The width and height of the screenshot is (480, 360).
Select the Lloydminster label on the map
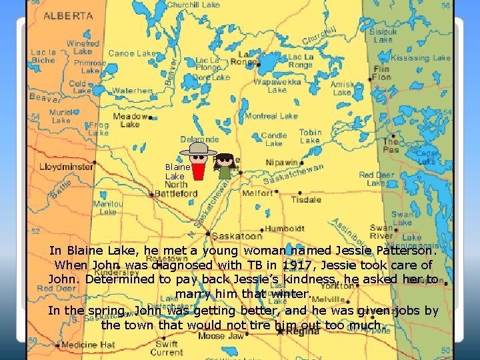(x=66, y=167)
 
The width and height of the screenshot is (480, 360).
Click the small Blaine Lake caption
(x=178, y=171)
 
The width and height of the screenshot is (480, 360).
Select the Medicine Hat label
(x=89, y=345)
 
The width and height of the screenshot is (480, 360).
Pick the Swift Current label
(x=166, y=347)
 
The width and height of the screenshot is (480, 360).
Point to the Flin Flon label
(x=382, y=73)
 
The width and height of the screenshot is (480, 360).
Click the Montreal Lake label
(x=271, y=116)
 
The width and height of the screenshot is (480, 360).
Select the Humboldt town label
(x=285, y=228)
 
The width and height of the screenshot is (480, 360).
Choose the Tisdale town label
(x=306, y=199)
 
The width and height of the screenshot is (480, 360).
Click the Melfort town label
(x=257, y=193)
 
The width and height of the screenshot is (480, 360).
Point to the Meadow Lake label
(x=129, y=119)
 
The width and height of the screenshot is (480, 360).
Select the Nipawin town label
(x=281, y=161)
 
